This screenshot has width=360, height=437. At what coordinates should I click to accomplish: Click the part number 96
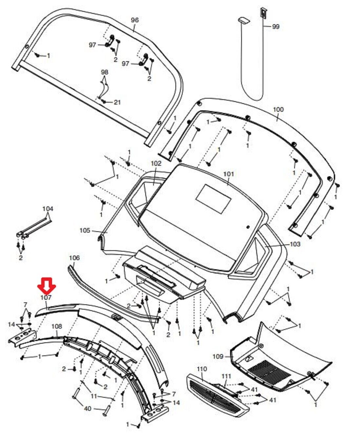point(135,20)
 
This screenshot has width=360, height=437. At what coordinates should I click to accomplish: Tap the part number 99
point(276,27)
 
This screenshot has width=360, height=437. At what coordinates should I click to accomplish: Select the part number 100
point(278,109)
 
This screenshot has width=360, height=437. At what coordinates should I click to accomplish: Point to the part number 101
point(229,174)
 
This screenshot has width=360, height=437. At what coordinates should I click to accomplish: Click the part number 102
point(156,163)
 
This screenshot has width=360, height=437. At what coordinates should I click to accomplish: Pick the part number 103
point(295,244)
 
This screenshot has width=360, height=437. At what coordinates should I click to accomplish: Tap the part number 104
point(48,209)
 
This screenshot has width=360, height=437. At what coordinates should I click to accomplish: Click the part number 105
point(85,231)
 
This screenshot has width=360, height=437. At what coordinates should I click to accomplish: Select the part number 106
point(74,258)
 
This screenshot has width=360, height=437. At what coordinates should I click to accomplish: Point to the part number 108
point(57,327)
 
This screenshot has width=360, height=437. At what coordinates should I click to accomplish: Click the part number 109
point(218,356)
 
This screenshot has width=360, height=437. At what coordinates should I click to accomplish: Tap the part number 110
point(202,369)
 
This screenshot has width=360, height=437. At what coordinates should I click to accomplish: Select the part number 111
point(226,376)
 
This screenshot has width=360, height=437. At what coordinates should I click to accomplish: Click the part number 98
point(104,72)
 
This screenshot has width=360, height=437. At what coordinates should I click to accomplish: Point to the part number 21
point(117,102)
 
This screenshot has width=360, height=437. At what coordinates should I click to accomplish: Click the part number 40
point(88,409)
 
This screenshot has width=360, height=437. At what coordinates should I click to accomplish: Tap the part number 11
point(94,396)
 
